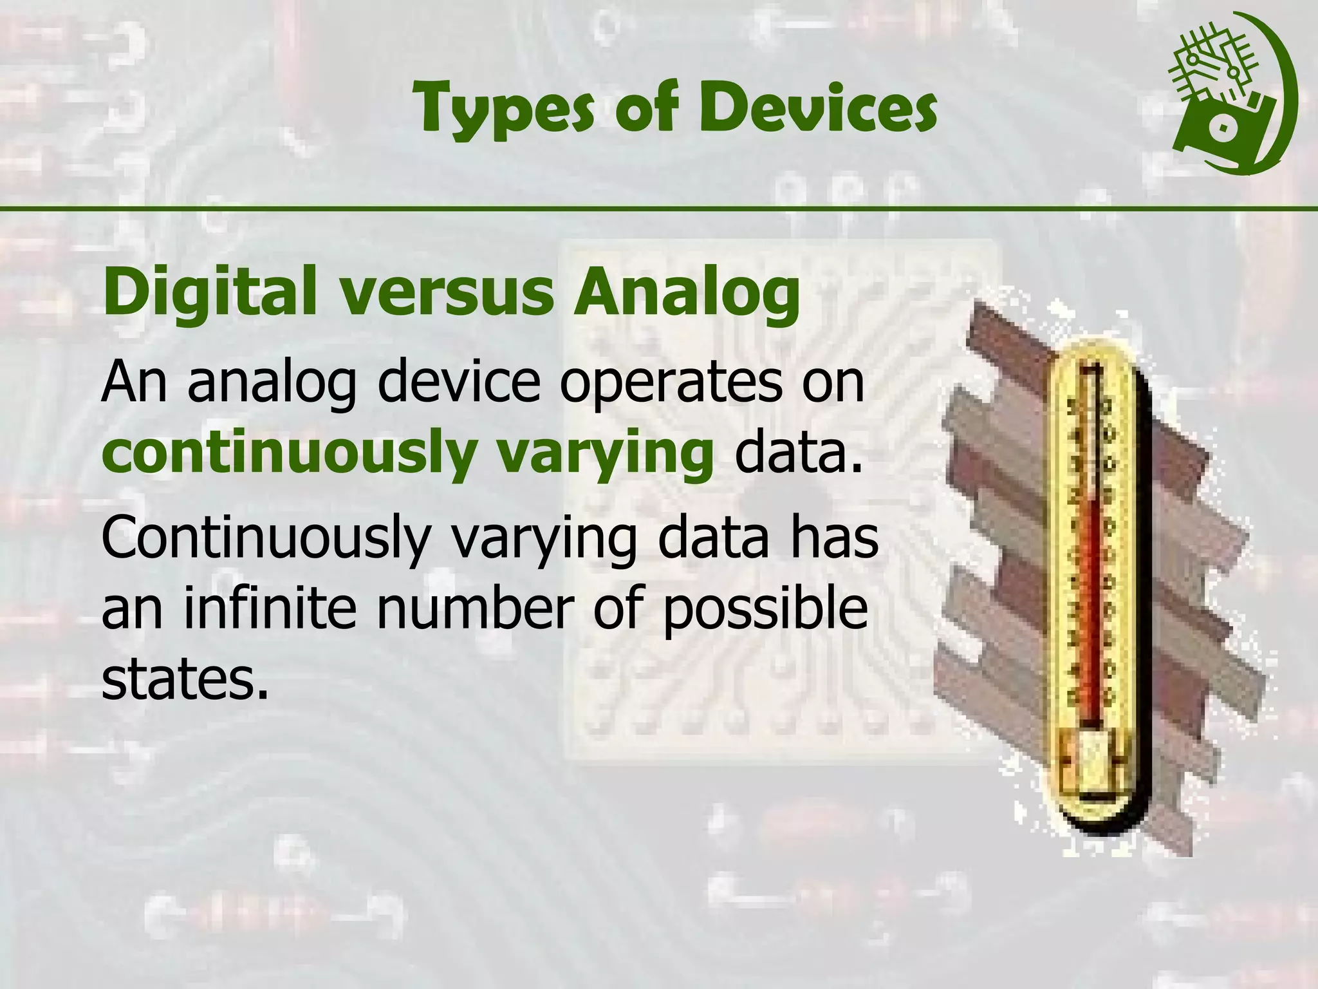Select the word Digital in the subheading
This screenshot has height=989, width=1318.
[x=210, y=293]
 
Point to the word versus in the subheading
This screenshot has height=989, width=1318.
[x=447, y=293]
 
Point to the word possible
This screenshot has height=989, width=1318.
[x=765, y=609]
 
